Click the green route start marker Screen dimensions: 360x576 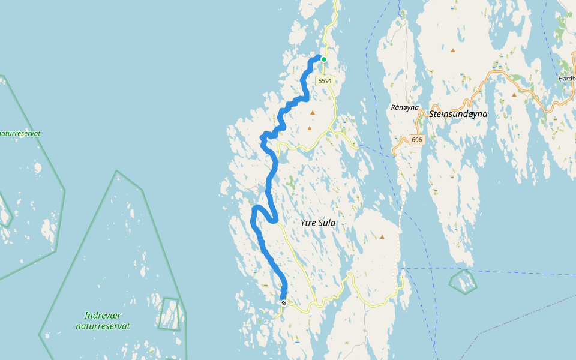(x=324, y=59)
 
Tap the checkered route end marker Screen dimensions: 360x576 (x=283, y=303)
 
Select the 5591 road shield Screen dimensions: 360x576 (x=325, y=80)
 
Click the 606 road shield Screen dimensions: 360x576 (x=418, y=140)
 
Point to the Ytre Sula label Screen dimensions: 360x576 (x=317, y=223)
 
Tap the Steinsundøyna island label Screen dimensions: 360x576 (x=458, y=113)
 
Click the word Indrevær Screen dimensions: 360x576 (x=103, y=316)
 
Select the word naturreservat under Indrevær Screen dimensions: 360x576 (x=103, y=326)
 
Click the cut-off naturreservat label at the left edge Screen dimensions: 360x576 (x=20, y=133)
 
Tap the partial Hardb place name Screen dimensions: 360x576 (x=566, y=78)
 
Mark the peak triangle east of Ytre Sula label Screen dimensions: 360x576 (x=382, y=237)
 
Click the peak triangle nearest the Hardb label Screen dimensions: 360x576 (x=514, y=94)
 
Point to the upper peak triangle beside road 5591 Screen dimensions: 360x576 (x=312, y=112)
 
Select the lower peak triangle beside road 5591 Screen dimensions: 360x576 (x=310, y=128)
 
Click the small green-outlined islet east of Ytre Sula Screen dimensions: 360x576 (x=463, y=281)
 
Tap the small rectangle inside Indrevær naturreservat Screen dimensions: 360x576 (x=169, y=314)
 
